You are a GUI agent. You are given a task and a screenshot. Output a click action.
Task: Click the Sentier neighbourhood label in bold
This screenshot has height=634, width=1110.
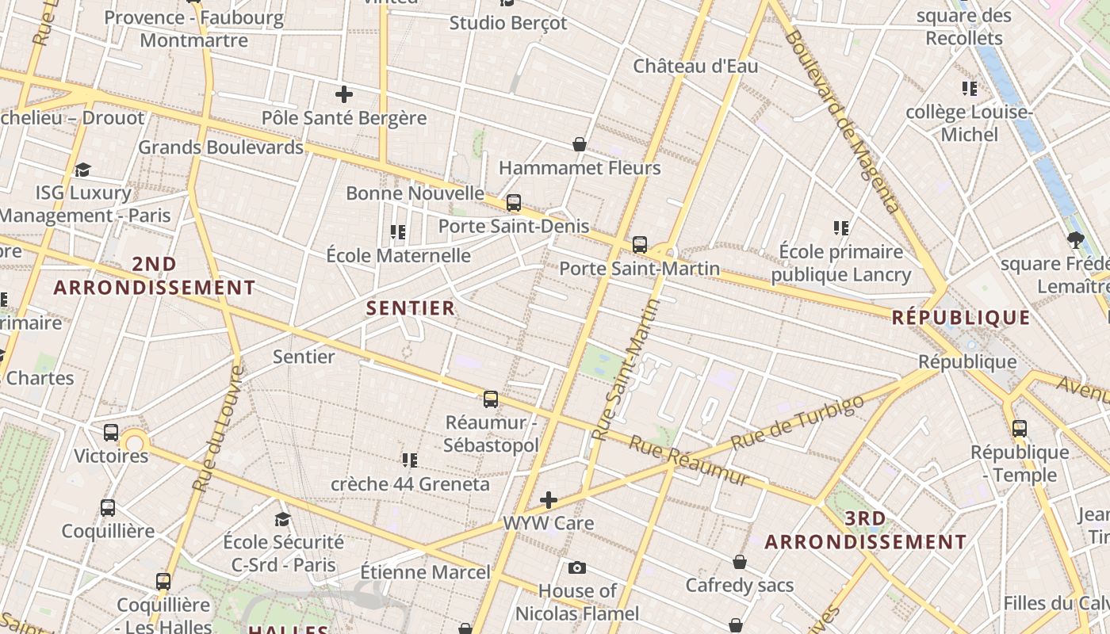pos(411,308)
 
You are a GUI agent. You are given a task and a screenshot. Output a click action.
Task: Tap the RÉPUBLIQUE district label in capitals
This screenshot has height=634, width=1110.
pos(961,318)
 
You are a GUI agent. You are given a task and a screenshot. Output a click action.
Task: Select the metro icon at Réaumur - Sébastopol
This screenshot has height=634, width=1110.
pos(491,399)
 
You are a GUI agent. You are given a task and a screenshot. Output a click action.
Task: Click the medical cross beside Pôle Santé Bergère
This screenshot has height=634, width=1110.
pos(344,95)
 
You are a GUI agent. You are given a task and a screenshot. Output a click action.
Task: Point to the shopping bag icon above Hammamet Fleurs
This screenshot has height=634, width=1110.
pos(580,144)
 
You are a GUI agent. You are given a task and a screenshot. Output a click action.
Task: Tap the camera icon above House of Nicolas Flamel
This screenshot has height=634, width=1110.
pos(577,567)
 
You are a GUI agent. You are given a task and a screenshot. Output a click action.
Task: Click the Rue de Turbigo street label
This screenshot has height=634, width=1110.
pos(797,422)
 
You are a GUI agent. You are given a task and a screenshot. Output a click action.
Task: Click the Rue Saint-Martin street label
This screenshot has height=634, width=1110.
pos(626,370)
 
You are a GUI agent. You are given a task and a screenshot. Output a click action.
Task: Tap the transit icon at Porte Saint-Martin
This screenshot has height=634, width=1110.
pos(640,245)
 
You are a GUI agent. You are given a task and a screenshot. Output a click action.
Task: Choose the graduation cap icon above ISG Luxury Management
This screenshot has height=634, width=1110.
pos(82,170)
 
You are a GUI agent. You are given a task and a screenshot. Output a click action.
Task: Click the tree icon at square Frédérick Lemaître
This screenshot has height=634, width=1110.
pos(1076,240)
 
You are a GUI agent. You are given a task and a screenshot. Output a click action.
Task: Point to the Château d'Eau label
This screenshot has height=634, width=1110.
pos(695,67)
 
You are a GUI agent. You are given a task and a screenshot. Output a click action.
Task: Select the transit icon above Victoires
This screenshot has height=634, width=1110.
pos(111,433)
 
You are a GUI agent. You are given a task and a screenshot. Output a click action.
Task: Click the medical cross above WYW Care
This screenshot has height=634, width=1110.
pos(549,500)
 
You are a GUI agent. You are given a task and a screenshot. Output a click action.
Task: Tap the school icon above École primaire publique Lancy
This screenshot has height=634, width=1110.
pos(841,228)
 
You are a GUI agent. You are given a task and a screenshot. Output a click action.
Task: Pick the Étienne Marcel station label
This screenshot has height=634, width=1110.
pos(425,571)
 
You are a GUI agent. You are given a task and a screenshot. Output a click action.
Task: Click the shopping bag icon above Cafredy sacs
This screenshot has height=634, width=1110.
pos(740,562)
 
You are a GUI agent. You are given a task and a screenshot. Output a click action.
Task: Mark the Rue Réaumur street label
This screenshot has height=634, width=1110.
pos(689,460)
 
